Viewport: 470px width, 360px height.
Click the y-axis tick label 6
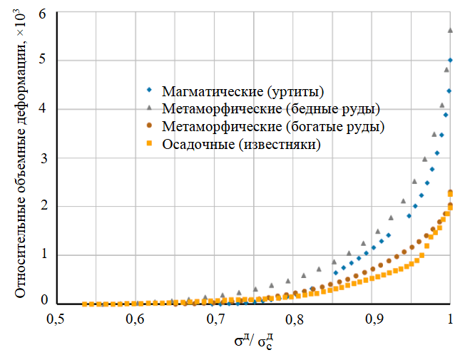[43, 14]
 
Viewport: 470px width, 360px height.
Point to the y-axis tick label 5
[43, 61]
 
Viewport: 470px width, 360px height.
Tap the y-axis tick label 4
[43, 110]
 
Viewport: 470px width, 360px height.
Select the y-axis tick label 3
[43, 158]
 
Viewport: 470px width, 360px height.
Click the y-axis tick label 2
[43, 207]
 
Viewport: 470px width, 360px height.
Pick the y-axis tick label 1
[43, 255]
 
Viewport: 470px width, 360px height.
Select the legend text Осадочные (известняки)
[241, 144]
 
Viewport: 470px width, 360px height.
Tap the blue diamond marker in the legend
[150, 91]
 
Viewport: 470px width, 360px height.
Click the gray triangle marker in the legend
[150, 108]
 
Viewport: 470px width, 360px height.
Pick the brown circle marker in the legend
[150, 125]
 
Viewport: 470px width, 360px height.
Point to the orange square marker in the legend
[150, 143]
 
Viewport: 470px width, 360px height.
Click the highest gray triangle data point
[450, 30]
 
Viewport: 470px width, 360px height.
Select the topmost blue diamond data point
[450, 61]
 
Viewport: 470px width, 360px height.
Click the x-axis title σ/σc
[254, 341]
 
